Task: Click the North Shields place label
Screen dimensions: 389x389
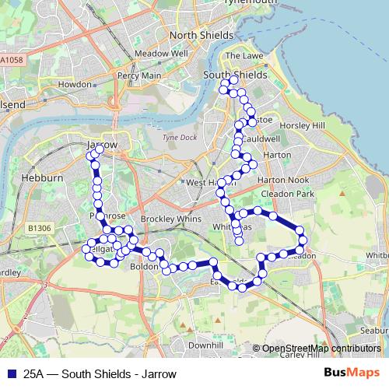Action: point(201,36)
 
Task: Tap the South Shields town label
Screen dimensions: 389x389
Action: point(234,75)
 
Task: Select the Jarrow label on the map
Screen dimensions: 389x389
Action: point(102,145)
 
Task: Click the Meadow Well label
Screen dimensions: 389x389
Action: point(161,54)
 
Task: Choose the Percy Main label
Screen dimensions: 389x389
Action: point(139,75)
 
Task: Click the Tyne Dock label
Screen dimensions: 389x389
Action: point(177,138)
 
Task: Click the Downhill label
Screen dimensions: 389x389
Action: point(205,344)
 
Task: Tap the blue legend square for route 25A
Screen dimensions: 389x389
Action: point(11,373)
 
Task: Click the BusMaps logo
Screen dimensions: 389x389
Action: point(351,373)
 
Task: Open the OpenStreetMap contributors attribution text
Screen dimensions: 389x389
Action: point(321,349)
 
